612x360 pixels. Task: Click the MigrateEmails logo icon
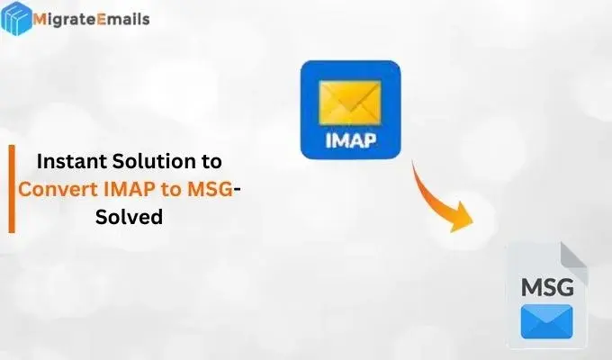point(17,19)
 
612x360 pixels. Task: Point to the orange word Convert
point(56,189)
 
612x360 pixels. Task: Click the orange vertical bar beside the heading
point(12,189)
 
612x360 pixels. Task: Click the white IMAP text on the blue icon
point(349,141)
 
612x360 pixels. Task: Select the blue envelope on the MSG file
point(545,319)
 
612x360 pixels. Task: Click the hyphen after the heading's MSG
point(237,191)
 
